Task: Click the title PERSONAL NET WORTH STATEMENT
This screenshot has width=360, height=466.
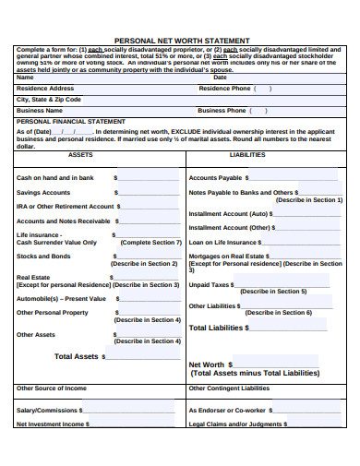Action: [181, 41]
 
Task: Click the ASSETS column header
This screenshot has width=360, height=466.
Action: [80, 155]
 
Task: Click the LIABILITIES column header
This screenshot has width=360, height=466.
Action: [246, 155]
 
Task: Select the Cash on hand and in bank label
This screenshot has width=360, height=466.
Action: [55, 178]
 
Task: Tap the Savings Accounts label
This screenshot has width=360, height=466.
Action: [43, 193]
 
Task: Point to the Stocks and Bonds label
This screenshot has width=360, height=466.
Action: [43, 257]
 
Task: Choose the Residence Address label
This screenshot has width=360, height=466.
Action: [45, 89]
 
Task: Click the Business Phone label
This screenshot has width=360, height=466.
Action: [222, 110]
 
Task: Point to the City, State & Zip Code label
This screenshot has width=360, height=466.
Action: [49, 99]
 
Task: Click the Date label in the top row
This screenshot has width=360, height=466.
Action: [220, 78]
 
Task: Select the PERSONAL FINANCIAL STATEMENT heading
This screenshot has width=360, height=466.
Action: [71, 121]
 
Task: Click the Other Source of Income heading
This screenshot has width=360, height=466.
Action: [52, 388]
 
